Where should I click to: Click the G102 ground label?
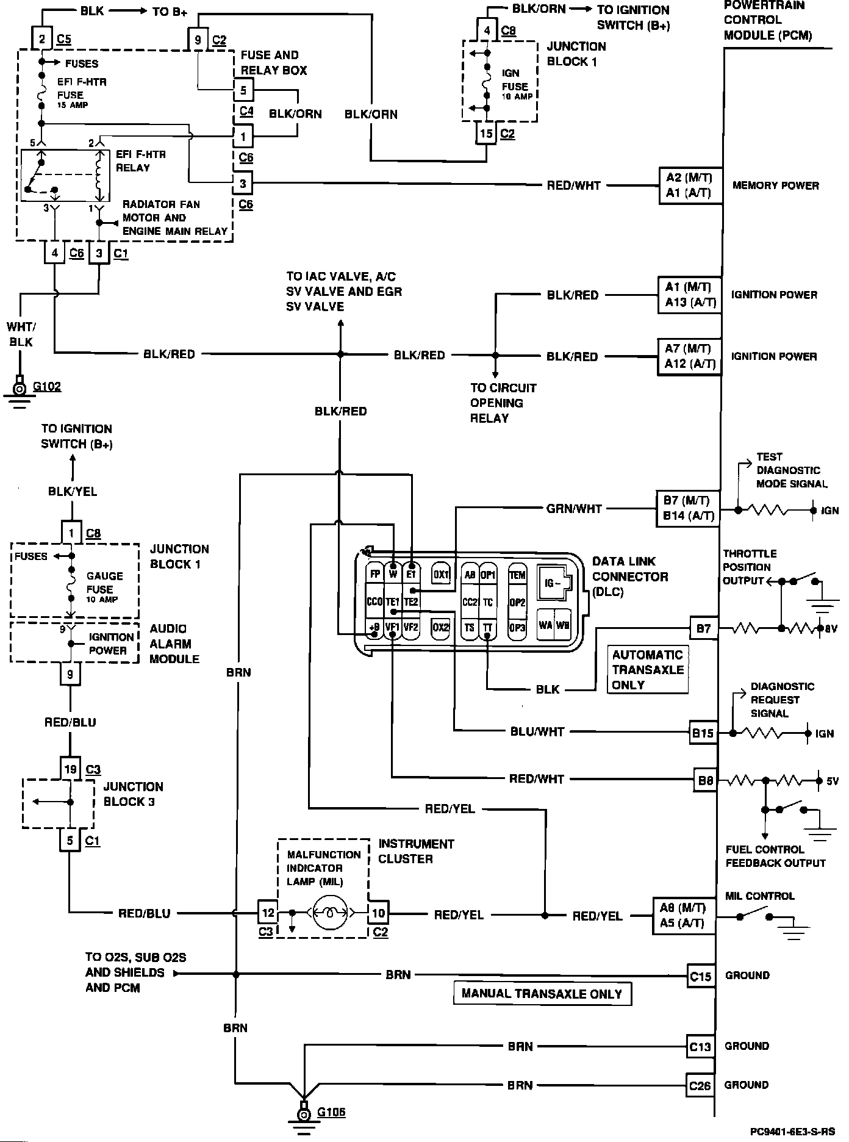click(x=47, y=386)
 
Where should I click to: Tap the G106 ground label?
click(x=331, y=1111)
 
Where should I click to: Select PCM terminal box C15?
click(x=700, y=975)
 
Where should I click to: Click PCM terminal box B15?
click(x=702, y=733)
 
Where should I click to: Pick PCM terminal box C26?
click(x=700, y=1085)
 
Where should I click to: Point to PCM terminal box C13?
click(x=700, y=1046)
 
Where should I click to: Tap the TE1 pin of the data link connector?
click(x=393, y=602)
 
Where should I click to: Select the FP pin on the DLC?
click(x=374, y=573)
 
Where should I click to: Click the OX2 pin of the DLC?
click(x=440, y=627)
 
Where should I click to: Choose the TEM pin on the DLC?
click(x=517, y=574)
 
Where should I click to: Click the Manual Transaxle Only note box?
click(x=542, y=993)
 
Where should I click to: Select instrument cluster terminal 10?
click(x=379, y=913)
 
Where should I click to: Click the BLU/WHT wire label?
click(x=537, y=731)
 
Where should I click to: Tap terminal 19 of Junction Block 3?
click(x=70, y=769)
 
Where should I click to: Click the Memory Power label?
click(x=775, y=185)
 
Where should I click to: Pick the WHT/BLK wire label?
click(x=21, y=334)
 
